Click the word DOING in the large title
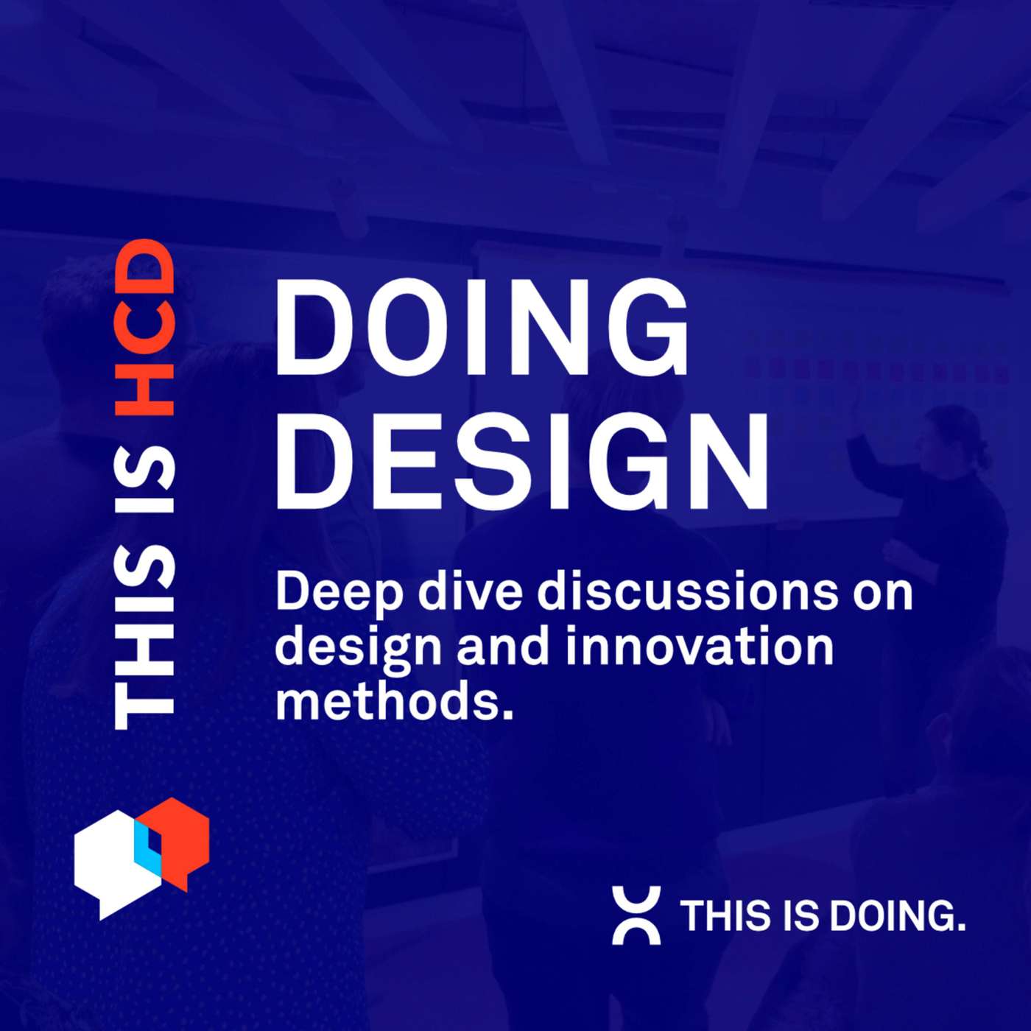click(482, 328)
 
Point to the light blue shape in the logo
click(147, 847)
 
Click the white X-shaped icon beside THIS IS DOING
click(636, 915)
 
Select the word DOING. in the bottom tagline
click(897, 916)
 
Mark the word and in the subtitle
click(503, 646)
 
